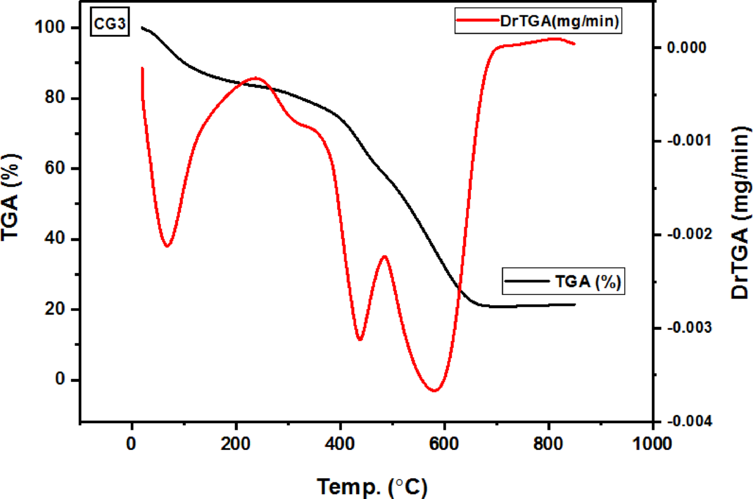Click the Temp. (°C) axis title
coord(373,486)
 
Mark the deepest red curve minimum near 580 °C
coord(435,391)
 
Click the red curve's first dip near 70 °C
coord(167,246)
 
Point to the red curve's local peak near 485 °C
coord(384,256)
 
